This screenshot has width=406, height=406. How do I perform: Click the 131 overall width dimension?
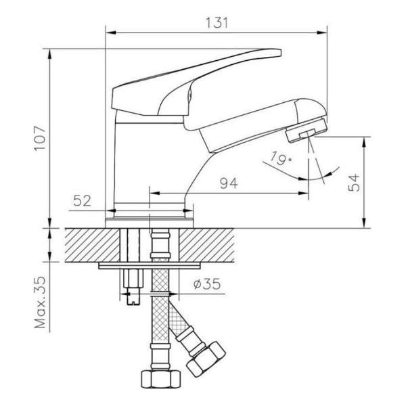(217, 23)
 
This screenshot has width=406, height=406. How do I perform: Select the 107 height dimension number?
(40, 138)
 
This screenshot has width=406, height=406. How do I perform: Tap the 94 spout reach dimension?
(229, 183)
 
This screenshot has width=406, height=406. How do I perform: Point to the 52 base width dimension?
(83, 201)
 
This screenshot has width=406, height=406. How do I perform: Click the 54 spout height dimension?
(354, 183)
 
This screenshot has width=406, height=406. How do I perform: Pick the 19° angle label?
(280, 158)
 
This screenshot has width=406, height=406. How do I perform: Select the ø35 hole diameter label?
(207, 284)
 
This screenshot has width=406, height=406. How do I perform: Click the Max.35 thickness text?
(40, 302)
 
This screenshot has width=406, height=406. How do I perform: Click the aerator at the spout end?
(306, 130)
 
